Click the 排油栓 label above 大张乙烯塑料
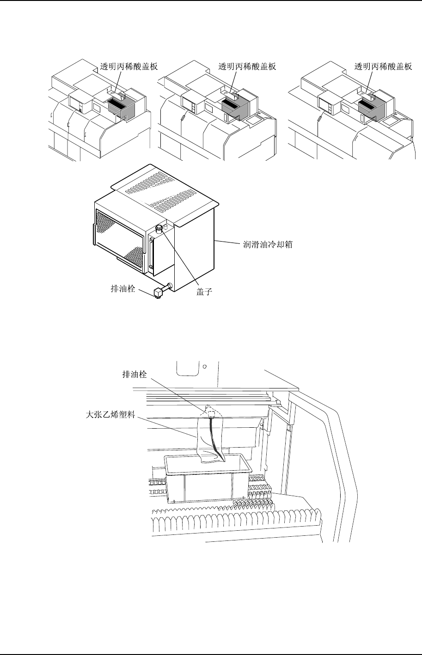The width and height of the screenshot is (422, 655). click(138, 375)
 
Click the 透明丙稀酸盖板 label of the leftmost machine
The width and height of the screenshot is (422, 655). click(129, 67)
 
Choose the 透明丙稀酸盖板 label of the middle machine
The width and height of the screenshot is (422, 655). click(247, 67)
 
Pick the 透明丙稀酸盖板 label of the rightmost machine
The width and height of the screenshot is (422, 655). click(383, 67)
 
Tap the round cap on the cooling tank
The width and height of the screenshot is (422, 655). click(159, 228)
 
